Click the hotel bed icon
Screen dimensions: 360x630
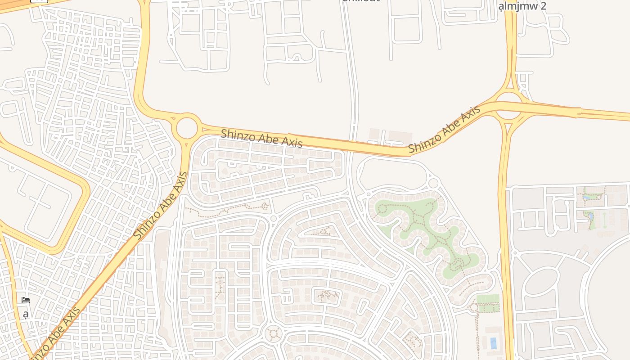tap(26, 300)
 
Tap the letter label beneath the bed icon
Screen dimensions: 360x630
tap(26, 314)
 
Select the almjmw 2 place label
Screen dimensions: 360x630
tap(522, 6)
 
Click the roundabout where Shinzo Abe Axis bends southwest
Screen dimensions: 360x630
tap(187, 128)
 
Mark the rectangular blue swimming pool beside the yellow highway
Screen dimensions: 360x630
tap(493, 343)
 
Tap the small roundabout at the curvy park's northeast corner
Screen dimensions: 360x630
tap(433, 183)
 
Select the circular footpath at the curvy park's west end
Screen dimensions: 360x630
tap(382, 209)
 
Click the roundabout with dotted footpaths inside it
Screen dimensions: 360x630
tap(273, 333)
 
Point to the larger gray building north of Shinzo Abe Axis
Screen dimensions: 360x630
tap(400, 137)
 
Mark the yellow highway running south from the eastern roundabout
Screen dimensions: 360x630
tap(504, 225)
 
